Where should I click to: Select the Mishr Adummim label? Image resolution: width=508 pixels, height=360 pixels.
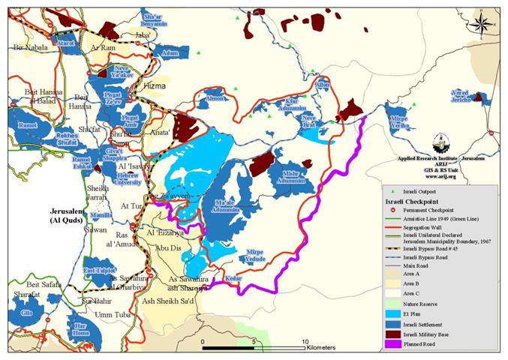coord(291,178)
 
